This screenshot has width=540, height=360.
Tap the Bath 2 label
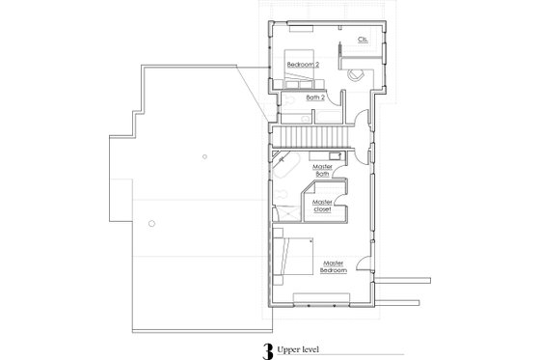[315, 97]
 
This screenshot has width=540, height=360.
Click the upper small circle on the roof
[205, 156]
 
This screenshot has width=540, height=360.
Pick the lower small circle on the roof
[151, 221]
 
